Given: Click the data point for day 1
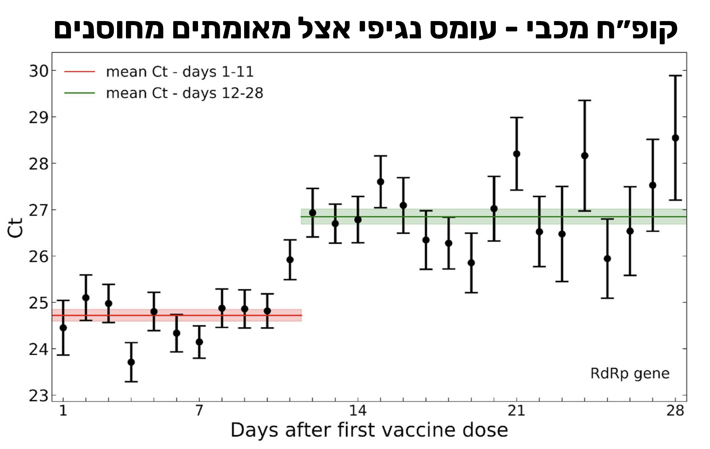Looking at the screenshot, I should pos(63,328).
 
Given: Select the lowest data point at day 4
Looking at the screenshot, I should pos(131,362).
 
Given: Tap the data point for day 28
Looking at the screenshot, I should pos(675,138).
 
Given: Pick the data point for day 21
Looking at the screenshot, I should pos(517,154).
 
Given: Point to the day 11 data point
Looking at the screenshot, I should pos(290,260).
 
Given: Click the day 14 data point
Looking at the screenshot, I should pos(358,220).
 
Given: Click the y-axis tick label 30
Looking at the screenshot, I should pos(39,71).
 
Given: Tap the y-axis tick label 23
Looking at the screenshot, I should pos(39,396).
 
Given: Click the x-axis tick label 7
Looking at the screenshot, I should pos(199,411).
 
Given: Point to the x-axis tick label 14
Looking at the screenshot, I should pos(358,411).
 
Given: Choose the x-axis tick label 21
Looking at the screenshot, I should pos(516,411).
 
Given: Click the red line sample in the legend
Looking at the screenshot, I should pos(79,72).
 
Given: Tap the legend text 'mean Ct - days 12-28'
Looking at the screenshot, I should pos(184,93).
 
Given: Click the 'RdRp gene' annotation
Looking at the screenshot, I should pos(630,373).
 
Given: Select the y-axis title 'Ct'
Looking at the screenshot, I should pos(16,228).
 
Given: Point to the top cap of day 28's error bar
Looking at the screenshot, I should pos(675,76).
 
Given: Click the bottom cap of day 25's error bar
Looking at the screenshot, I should pos(607,298).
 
